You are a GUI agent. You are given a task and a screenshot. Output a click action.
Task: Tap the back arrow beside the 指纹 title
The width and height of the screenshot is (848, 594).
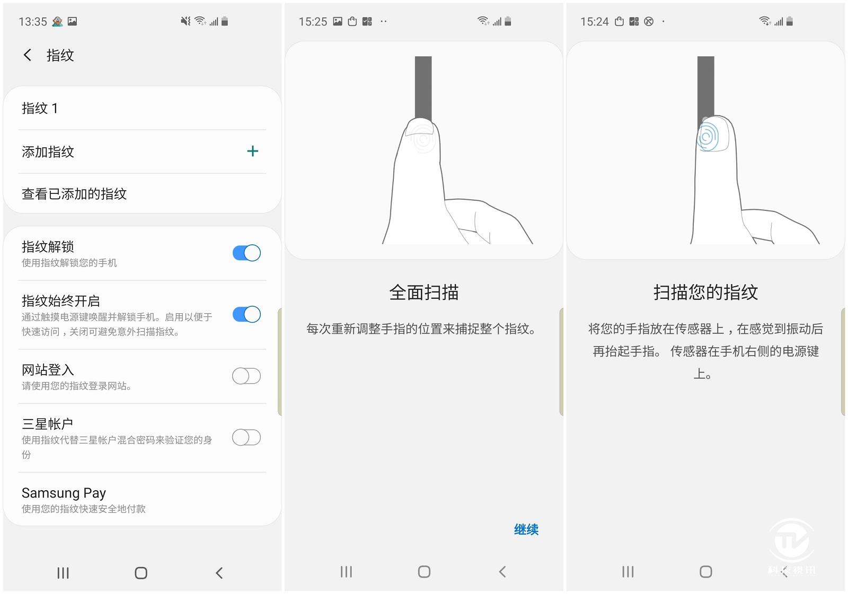[27, 55]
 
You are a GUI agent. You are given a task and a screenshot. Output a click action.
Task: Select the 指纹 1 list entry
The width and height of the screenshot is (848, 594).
[40, 108]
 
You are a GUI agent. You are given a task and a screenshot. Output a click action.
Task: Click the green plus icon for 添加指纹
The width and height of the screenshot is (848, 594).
[252, 151]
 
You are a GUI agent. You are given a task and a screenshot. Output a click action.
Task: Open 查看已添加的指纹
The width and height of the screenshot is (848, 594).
[74, 194]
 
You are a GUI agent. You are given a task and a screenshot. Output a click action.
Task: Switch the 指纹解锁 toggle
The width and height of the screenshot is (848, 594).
[246, 253]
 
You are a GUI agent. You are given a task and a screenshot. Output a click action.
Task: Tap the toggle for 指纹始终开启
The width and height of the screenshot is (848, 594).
[246, 314]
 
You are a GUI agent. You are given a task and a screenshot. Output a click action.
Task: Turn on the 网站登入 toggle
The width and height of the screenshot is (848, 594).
[246, 376]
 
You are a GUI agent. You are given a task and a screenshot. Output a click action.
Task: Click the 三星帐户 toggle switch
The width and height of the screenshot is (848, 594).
[246, 438]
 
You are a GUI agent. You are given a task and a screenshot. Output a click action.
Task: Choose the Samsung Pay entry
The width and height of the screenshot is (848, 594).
[64, 493]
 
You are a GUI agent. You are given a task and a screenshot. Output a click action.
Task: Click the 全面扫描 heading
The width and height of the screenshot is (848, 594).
[424, 292]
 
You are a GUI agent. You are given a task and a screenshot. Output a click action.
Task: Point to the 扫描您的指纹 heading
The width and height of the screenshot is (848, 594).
[705, 292]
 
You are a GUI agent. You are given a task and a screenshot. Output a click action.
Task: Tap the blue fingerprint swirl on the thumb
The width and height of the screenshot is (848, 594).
[708, 136]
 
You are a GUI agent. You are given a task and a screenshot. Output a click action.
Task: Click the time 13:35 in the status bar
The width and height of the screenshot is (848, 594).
[33, 22]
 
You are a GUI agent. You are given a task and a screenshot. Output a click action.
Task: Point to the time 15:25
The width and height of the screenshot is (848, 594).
[313, 22]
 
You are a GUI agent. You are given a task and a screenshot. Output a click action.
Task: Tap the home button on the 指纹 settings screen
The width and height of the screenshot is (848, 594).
[141, 573]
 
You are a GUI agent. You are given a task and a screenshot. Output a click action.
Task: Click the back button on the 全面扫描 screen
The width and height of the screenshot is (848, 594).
[502, 572]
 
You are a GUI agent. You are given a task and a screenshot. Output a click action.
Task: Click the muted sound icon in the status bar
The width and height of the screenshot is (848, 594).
[185, 21]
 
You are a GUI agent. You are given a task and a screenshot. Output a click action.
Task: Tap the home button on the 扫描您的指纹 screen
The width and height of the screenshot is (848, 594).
[705, 572]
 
